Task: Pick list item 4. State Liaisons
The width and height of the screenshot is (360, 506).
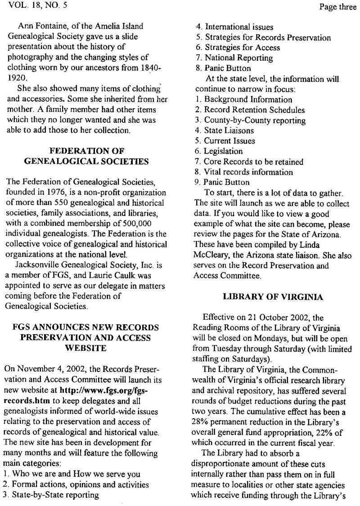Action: [225, 130]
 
